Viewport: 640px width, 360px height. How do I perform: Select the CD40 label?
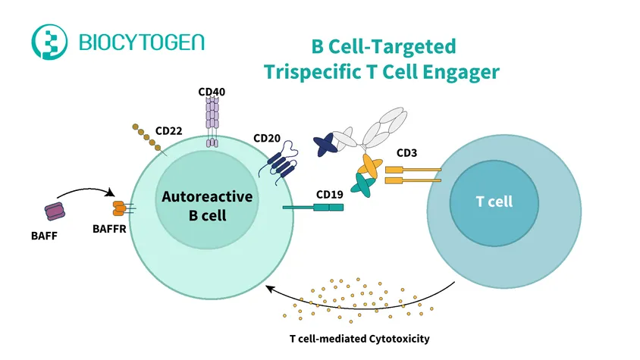(212, 92)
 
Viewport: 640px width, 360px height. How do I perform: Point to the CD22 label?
(168, 130)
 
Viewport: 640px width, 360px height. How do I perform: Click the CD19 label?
(330, 194)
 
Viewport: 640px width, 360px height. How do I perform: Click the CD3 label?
(407, 153)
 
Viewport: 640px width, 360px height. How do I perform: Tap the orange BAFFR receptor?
(121, 207)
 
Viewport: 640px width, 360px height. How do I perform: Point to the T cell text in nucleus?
(494, 202)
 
